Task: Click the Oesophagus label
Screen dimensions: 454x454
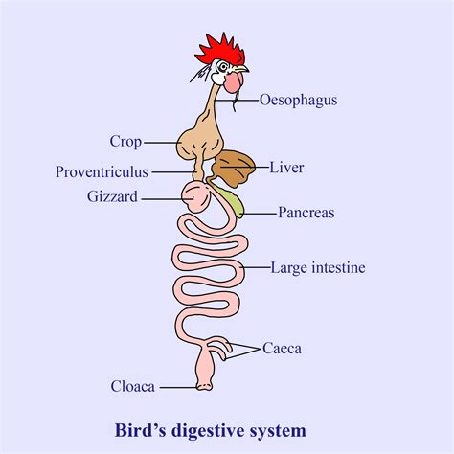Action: tap(298, 99)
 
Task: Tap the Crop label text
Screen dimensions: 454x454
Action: tap(125, 142)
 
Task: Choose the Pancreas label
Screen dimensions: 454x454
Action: tap(306, 213)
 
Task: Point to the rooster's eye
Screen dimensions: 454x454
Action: tap(223, 66)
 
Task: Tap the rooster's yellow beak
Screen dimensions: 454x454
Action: tap(241, 69)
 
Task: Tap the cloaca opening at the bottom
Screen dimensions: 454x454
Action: tap(202, 386)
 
